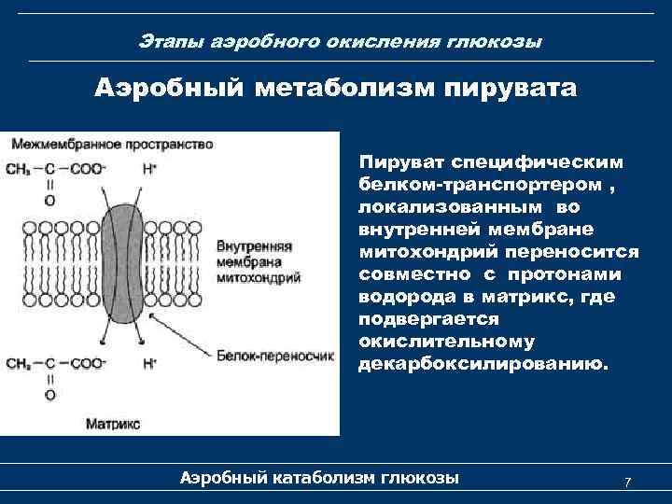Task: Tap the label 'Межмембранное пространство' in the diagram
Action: pyautogui.click(x=111, y=145)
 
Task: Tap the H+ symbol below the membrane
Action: pyautogui.click(x=149, y=362)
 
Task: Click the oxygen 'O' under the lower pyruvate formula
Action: pyautogui.click(x=49, y=395)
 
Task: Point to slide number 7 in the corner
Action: pyautogui.click(x=627, y=482)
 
